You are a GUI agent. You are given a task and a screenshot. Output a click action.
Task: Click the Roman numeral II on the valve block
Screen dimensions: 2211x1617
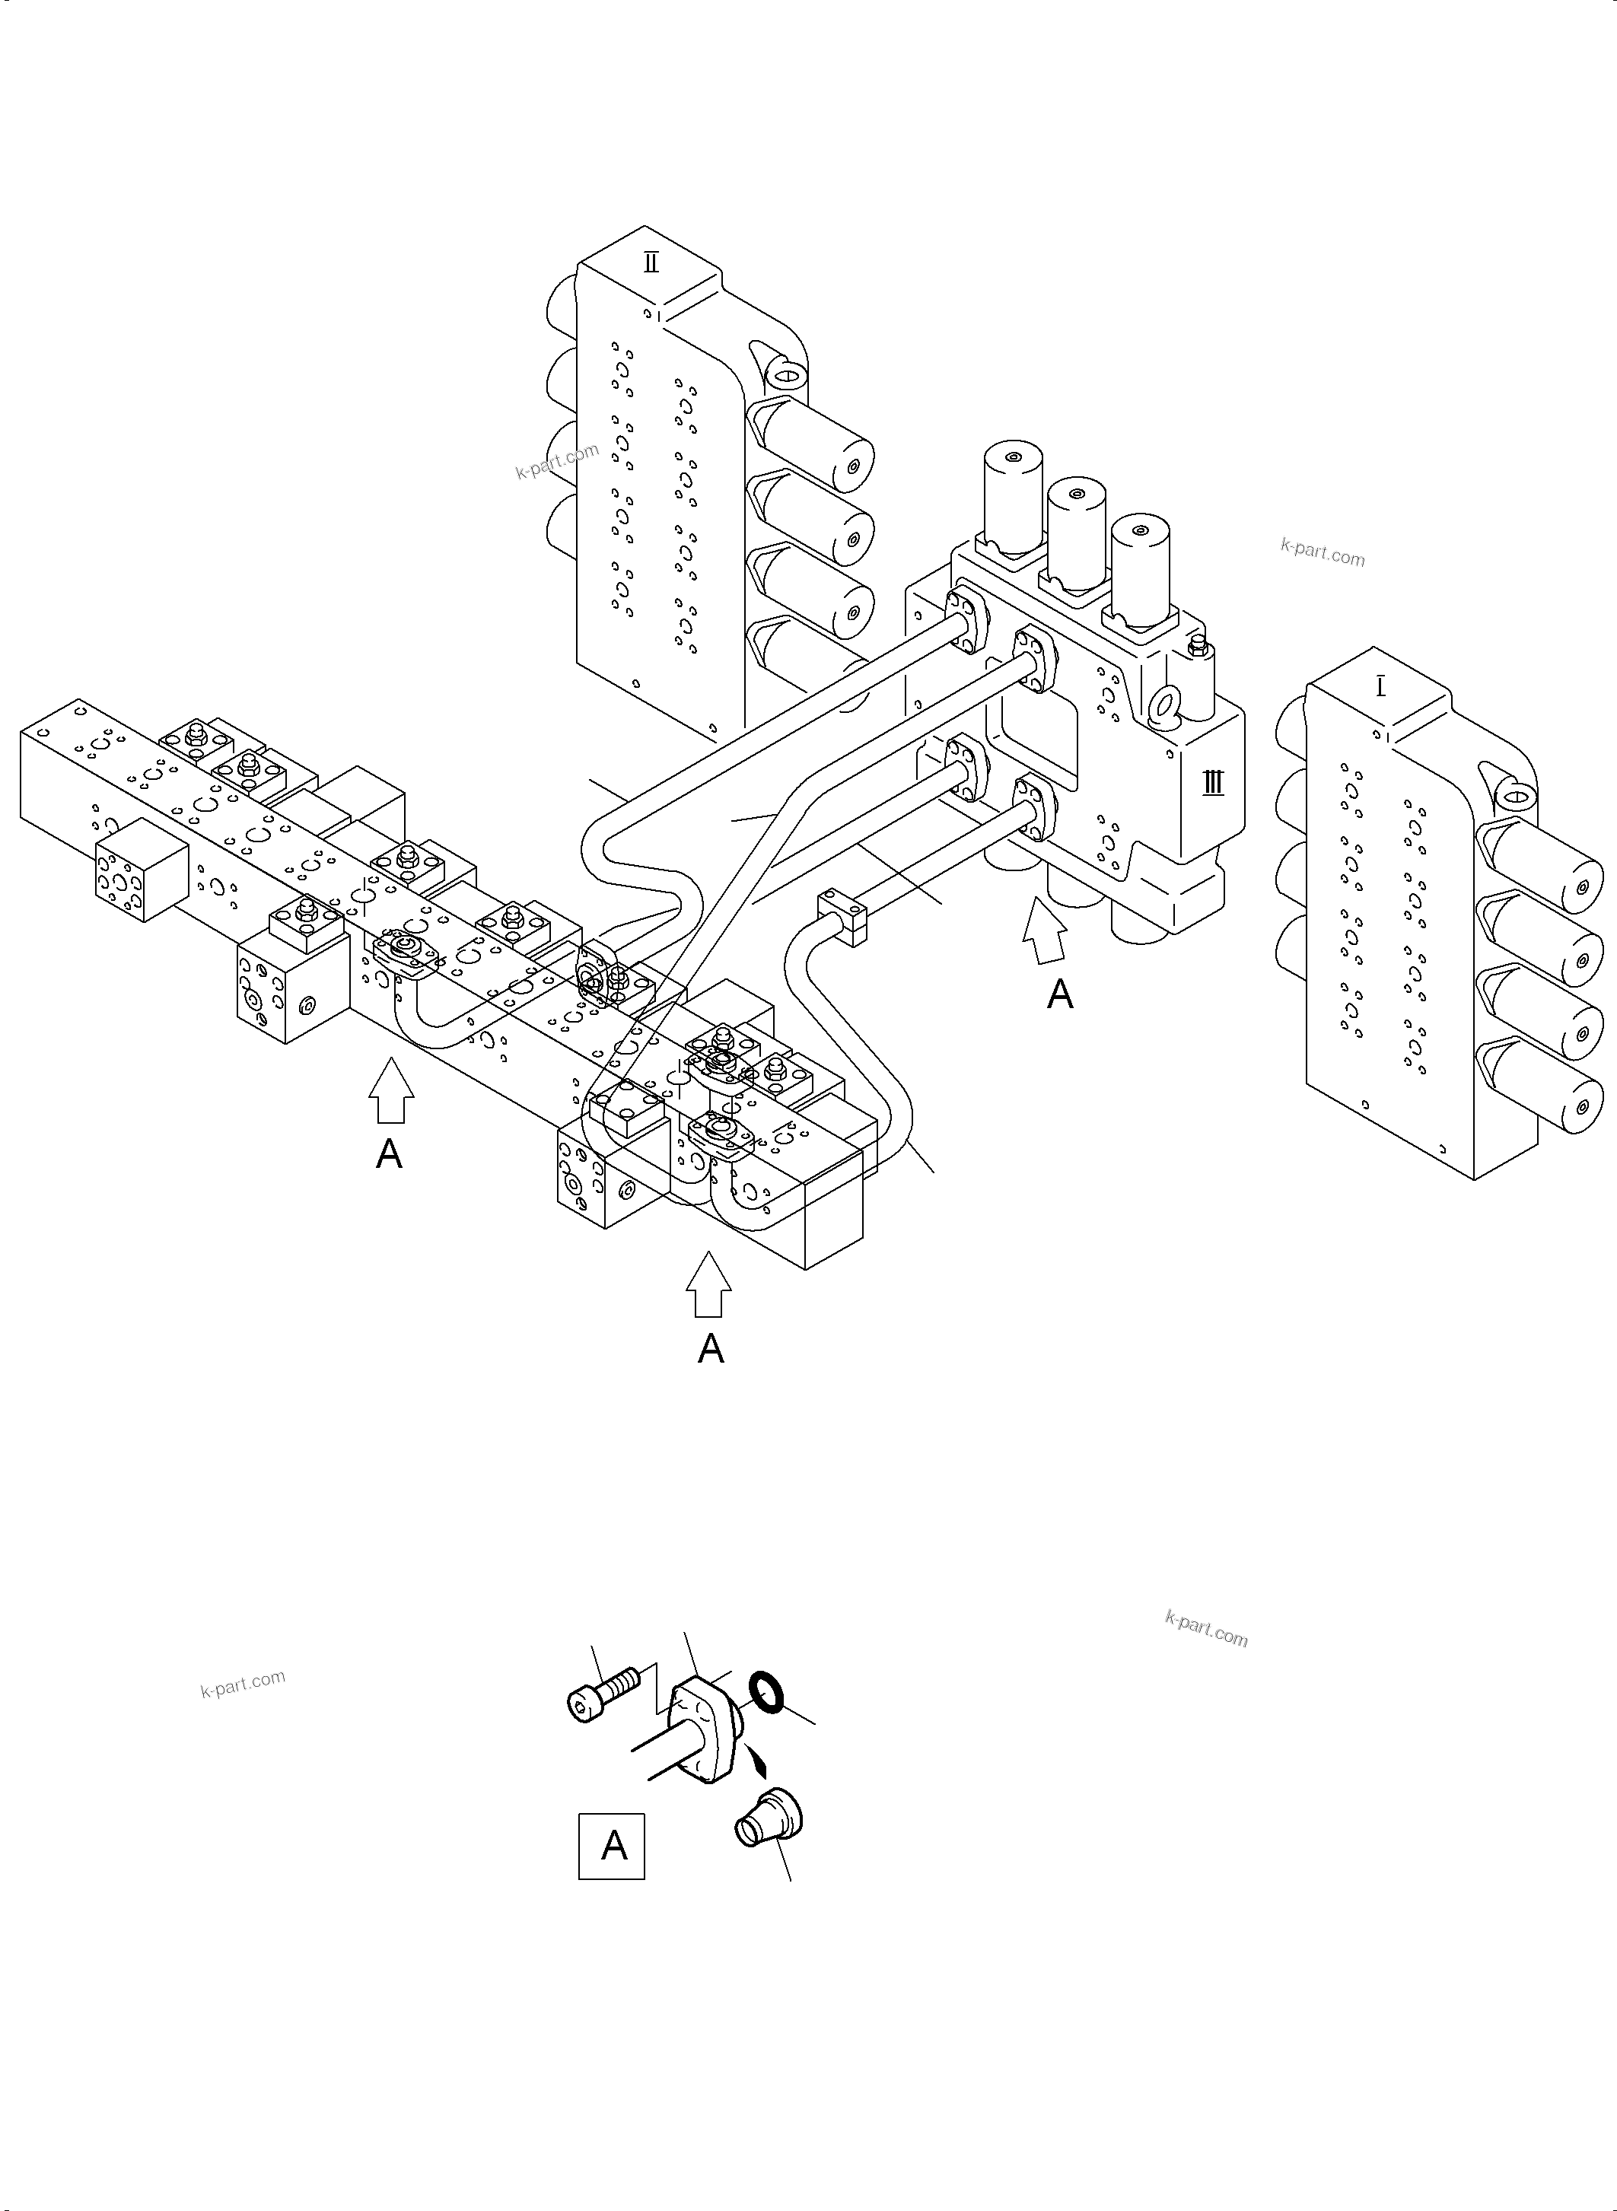(x=651, y=262)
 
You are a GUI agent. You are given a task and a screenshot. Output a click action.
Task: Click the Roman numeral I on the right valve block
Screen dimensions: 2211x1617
(x=1381, y=687)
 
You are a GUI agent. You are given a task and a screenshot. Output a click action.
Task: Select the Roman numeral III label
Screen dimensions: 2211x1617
(x=1213, y=783)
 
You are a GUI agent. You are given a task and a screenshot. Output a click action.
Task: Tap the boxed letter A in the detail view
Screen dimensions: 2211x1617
(x=612, y=1846)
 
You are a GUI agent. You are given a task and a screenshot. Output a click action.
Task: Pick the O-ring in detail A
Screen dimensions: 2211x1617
(x=766, y=1692)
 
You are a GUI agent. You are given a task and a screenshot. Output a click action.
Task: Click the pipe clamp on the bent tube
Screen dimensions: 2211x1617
(x=843, y=915)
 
